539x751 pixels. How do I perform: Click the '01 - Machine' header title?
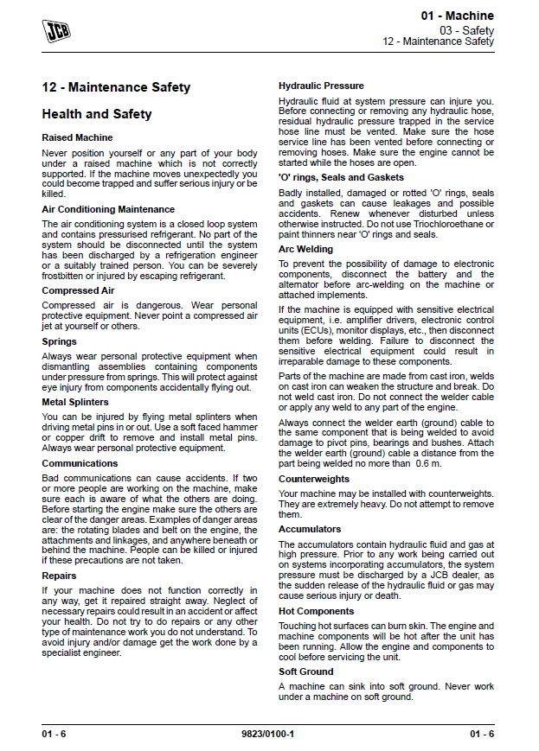click(458, 16)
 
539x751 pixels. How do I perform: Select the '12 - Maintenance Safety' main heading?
click(116, 87)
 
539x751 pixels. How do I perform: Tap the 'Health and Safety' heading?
click(97, 114)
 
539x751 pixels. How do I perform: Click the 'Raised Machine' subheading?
click(77, 137)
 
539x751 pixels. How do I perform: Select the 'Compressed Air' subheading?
click(78, 291)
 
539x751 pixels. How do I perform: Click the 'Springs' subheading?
click(60, 342)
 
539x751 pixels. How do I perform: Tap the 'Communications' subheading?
click(80, 463)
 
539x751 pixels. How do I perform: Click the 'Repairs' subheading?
click(59, 576)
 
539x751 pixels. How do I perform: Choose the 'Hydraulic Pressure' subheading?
click(321, 86)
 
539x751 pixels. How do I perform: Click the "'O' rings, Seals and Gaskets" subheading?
click(341, 178)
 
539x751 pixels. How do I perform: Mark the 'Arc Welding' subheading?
click(305, 249)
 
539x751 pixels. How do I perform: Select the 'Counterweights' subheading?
click(315, 479)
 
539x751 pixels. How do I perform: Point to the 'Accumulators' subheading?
click(310, 529)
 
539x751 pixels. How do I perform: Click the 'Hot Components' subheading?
click(316, 611)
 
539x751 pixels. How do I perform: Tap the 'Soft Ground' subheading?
click(306, 671)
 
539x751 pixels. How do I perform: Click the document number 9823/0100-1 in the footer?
click(268, 734)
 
